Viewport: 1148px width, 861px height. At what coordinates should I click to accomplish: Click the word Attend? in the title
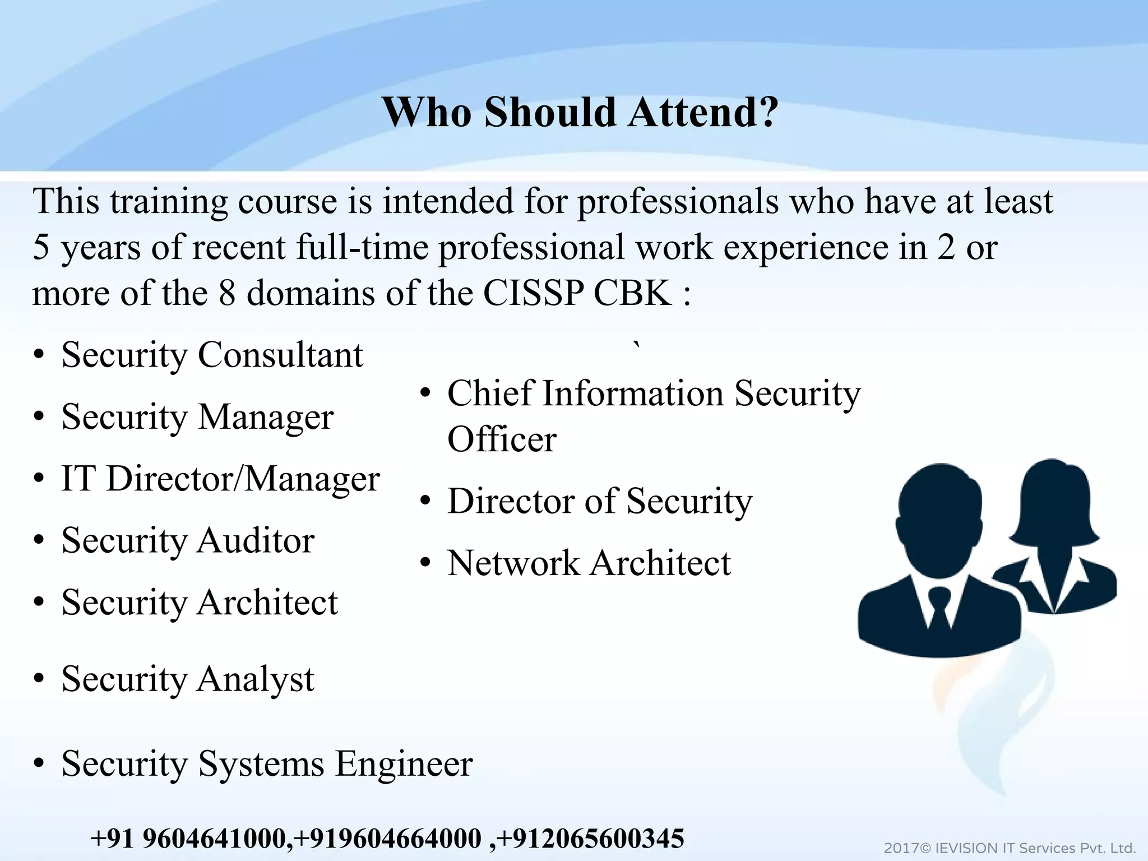(x=702, y=112)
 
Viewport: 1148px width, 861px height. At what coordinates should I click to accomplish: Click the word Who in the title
(x=427, y=112)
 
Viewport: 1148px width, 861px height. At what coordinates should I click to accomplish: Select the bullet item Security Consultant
(x=212, y=355)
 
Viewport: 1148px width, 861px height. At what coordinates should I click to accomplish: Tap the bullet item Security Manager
(x=197, y=417)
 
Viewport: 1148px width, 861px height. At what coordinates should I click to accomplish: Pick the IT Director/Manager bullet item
(x=220, y=479)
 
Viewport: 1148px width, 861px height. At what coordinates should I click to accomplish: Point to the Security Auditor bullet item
(x=188, y=541)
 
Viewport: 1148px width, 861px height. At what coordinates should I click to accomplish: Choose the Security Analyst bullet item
(x=188, y=679)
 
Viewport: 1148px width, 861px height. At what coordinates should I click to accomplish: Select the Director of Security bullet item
(x=599, y=501)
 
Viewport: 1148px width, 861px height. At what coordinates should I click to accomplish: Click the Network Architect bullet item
(x=589, y=563)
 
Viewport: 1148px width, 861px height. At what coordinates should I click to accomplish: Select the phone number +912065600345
(x=590, y=839)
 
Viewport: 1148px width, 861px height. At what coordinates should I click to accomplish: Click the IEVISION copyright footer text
(x=1010, y=848)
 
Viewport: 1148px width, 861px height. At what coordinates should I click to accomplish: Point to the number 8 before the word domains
(x=227, y=293)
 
